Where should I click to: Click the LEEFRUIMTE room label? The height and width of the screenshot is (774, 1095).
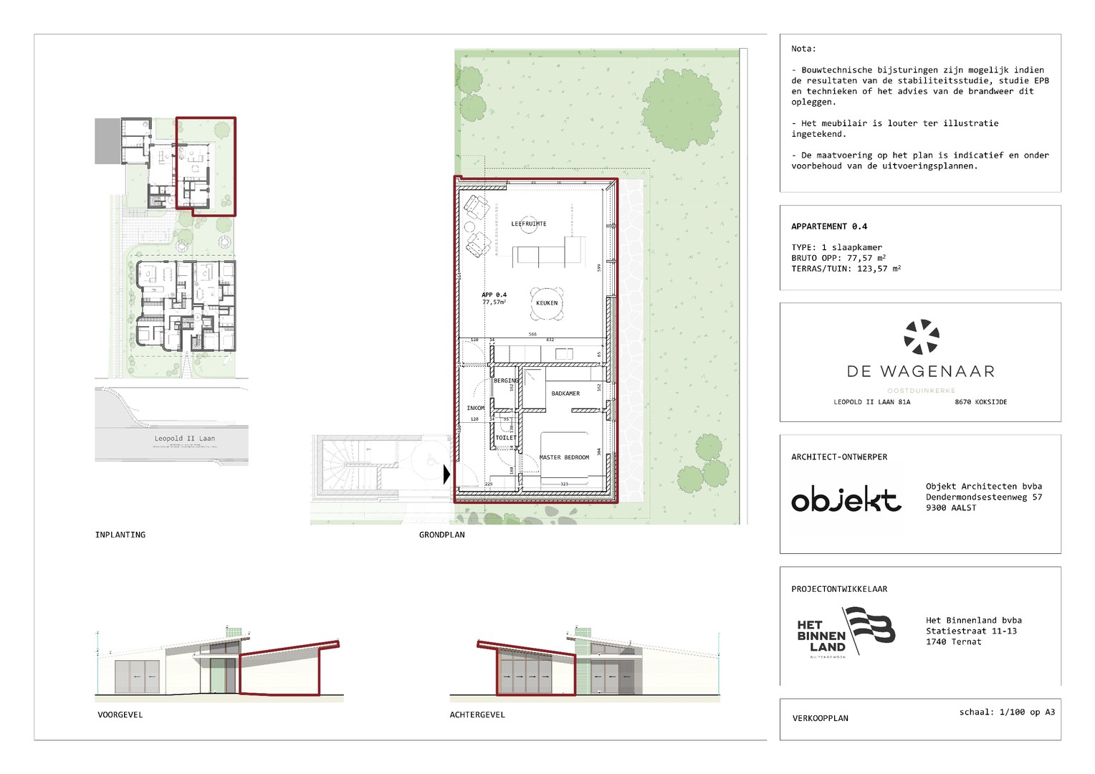pyautogui.click(x=528, y=224)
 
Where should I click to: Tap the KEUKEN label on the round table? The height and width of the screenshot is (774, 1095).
pyautogui.click(x=546, y=302)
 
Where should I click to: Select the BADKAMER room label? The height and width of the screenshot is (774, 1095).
pyautogui.click(x=565, y=393)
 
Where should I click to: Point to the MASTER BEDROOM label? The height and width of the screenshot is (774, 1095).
pyautogui.click(x=564, y=457)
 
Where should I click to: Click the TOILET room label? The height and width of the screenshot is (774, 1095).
pyautogui.click(x=505, y=437)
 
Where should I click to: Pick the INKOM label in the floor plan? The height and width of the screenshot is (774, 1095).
pyautogui.click(x=476, y=408)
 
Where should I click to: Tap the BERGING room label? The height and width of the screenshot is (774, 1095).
pyautogui.click(x=506, y=381)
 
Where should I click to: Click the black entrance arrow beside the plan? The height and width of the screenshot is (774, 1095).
pyautogui.click(x=447, y=474)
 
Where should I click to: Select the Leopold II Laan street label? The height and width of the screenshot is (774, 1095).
pyautogui.click(x=184, y=438)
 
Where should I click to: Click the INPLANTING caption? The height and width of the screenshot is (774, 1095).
pyautogui.click(x=120, y=535)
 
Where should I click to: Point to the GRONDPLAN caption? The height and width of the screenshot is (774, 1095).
pyautogui.click(x=441, y=535)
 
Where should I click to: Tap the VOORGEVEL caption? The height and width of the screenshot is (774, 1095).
pyautogui.click(x=120, y=715)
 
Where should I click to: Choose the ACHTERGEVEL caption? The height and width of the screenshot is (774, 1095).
pyautogui.click(x=477, y=715)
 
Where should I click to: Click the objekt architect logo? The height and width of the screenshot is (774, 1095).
pyautogui.click(x=846, y=500)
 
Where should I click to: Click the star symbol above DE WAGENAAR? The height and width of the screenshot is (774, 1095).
pyautogui.click(x=921, y=337)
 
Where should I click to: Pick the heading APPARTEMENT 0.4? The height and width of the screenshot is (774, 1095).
pyautogui.click(x=829, y=226)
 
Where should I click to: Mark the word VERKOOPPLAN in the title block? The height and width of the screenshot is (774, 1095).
pyautogui.click(x=820, y=718)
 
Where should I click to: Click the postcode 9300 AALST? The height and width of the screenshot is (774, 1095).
pyautogui.click(x=950, y=507)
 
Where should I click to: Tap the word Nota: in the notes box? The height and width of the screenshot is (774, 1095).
pyautogui.click(x=803, y=49)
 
